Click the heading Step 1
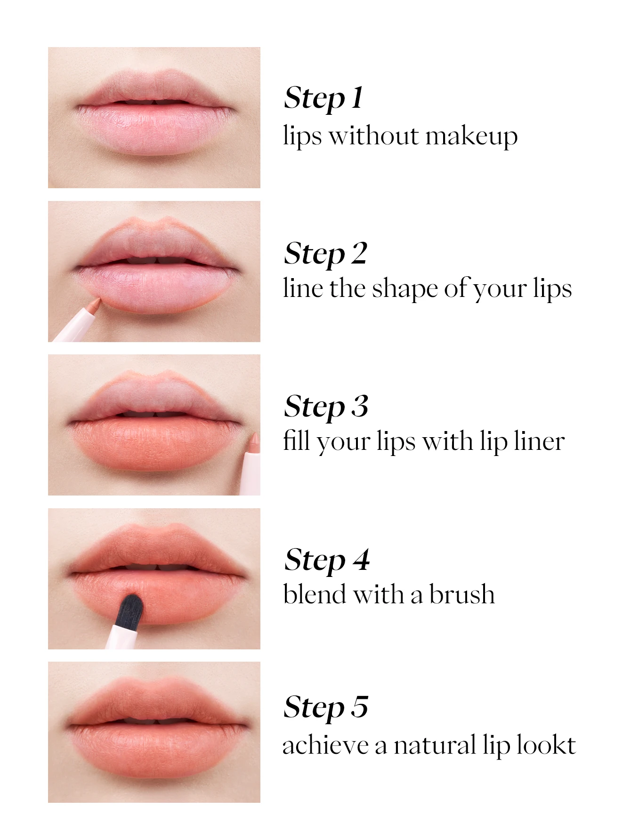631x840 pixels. pyautogui.click(x=324, y=98)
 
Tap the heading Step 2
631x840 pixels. pyautogui.click(x=325, y=254)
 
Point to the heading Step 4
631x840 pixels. pyautogui.click(x=327, y=560)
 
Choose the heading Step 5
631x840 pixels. pyautogui.click(x=325, y=707)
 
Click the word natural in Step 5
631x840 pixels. pyautogui.click(x=434, y=745)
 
